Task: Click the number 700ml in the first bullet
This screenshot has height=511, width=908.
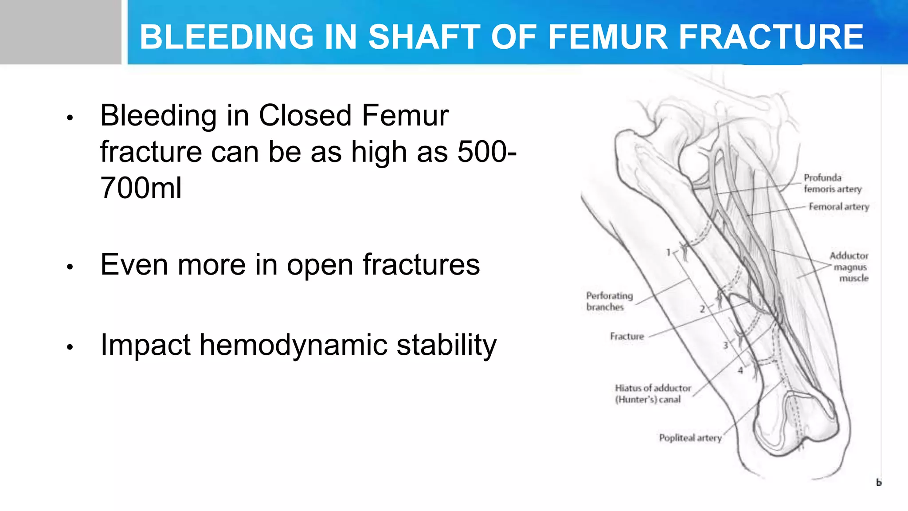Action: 141,188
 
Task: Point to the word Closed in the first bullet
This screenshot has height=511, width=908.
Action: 305,116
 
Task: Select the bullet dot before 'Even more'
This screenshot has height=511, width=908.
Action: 70,267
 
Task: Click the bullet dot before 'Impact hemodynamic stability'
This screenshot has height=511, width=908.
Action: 70,347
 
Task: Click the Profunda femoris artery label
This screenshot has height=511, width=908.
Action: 832,183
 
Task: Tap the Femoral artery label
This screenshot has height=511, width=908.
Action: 838,207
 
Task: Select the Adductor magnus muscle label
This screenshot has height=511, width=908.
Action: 849,267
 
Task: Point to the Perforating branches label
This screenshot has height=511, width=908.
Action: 609,301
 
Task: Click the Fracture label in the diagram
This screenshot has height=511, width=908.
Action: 626,336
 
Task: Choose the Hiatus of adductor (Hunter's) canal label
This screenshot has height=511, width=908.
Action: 652,393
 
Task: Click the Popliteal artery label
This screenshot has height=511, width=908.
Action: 690,438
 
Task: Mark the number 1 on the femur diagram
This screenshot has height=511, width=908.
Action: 669,252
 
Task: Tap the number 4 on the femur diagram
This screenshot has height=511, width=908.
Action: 740,370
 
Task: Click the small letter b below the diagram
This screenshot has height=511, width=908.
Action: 879,483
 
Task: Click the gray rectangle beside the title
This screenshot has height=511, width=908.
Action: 60,32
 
